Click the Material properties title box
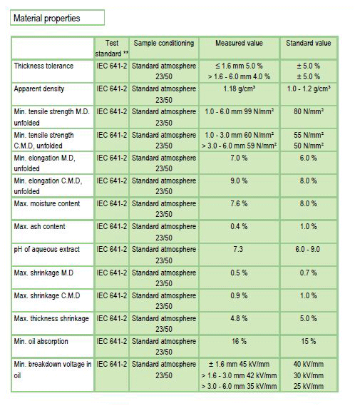point(57,18)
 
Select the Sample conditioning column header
point(164,43)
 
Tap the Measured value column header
point(239,43)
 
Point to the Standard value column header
point(308,43)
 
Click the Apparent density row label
point(38,88)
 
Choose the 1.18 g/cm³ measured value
point(239,88)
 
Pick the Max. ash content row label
point(39,227)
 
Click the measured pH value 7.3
point(238,249)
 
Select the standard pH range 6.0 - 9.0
point(307,249)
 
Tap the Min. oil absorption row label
point(41,341)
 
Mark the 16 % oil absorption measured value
point(239,341)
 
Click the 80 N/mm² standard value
point(308,111)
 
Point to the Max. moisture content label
point(47,203)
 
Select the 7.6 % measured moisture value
point(239,203)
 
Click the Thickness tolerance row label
point(43,66)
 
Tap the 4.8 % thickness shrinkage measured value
point(239,318)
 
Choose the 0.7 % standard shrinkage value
point(308,273)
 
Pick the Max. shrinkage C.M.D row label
point(47,295)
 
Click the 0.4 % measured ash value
point(239,227)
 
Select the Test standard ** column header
point(112,48)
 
